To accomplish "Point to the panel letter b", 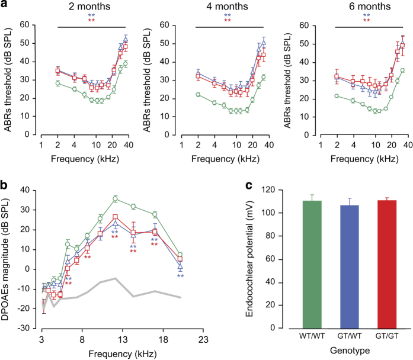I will [5, 185].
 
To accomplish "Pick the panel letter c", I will [251, 185].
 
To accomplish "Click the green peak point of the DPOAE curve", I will [116, 198].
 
